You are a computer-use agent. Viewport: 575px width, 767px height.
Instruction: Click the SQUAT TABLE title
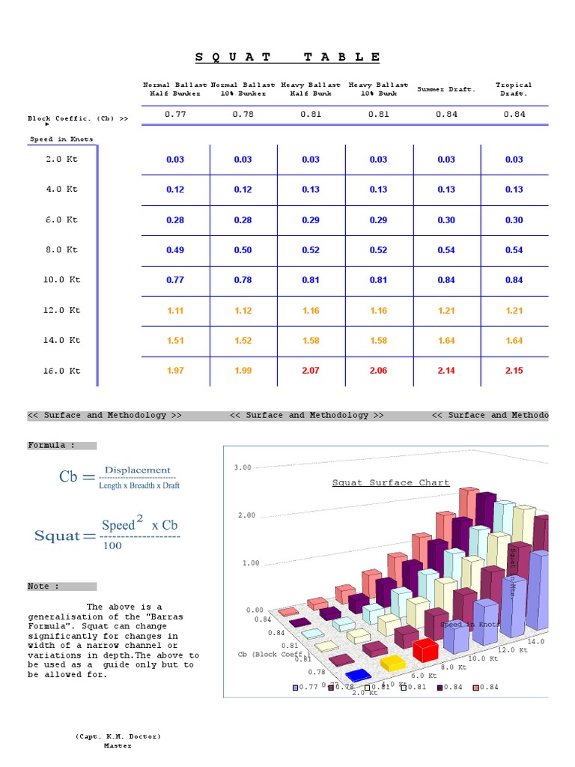(x=288, y=57)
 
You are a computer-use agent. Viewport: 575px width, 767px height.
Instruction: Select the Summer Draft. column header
(x=446, y=89)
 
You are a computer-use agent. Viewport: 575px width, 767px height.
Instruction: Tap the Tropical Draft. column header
(x=514, y=89)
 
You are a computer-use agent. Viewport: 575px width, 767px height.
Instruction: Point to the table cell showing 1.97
(x=175, y=371)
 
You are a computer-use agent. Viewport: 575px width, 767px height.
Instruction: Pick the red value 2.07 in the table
(x=311, y=371)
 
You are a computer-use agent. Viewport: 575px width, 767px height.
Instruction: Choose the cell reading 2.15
(x=514, y=371)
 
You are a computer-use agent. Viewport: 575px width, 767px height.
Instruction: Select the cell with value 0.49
(x=175, y=250)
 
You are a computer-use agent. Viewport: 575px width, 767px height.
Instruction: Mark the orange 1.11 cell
(x=175, y=311)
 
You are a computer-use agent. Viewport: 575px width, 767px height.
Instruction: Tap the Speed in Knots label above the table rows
(x=61, y=139)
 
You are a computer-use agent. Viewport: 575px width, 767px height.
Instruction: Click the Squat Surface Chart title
(x=391, y=483)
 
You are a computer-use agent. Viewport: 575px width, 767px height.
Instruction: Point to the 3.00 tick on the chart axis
(x=243, y=467)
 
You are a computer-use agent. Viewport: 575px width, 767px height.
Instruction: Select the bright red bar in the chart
(x=425, y=649)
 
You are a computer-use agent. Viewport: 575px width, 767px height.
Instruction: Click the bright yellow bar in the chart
(x=392, y=663)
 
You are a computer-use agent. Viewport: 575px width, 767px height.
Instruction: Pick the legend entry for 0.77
(x=305, y=687)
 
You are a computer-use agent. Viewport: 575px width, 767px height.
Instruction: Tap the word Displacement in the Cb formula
(x=137, y=470)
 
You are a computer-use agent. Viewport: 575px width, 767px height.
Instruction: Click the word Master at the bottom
(x=118, y=746)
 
